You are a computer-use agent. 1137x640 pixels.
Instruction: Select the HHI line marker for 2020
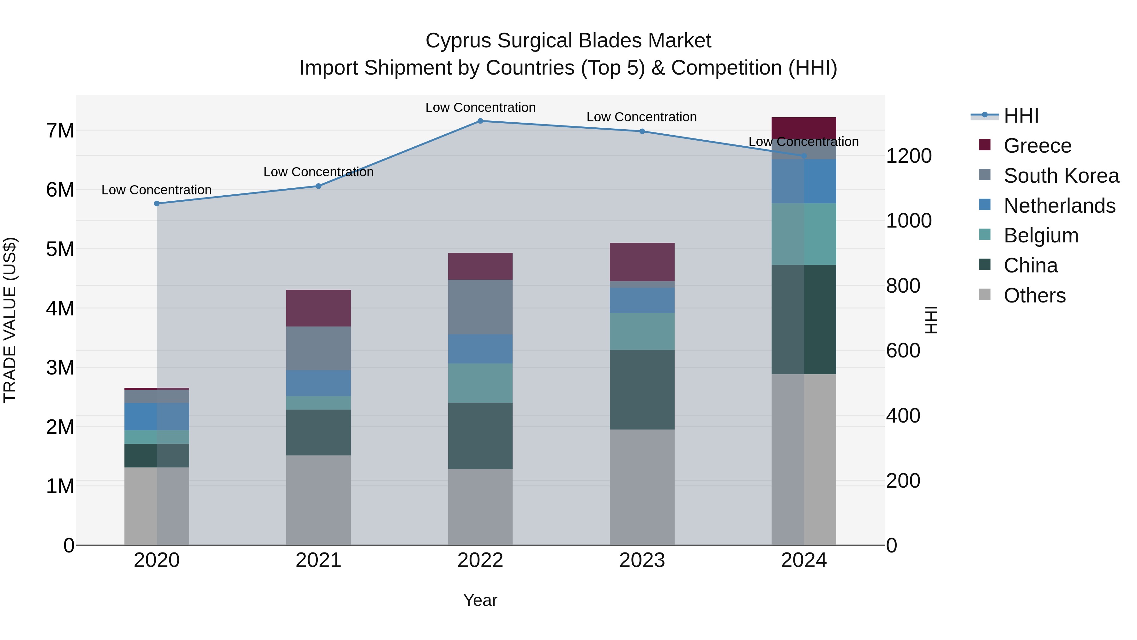157,203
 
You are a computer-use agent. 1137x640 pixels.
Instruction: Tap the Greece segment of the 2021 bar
318,308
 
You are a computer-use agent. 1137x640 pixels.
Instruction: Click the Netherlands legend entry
1059,205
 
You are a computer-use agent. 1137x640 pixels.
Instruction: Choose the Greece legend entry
1037,145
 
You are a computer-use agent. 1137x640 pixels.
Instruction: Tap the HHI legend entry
1021,116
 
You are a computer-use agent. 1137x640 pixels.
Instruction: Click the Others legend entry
1034,295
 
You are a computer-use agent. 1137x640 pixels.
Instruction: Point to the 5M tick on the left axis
60,249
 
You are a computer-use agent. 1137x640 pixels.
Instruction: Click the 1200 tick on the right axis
909,156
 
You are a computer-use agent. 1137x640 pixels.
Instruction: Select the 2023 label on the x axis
642,560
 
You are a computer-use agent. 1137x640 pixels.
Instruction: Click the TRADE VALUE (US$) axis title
10,320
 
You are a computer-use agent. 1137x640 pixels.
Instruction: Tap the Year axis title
480,600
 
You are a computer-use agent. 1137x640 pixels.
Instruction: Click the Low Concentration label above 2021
318,172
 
